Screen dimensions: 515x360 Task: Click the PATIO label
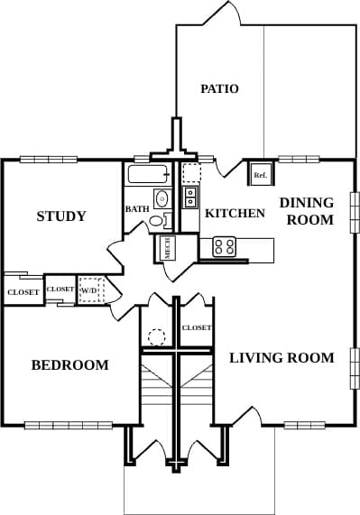pyautogui.click(x=219, y=88)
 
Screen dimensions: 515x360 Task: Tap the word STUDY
pyautogui.click(x=61, y=216)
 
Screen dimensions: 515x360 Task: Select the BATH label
pyautogui.click(x=137, y=209)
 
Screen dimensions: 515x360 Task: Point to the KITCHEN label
pyautogui.click(x=235, y=214)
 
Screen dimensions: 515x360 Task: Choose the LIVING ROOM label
pyautogui.click(x=282, y=358)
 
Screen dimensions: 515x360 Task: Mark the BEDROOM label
pyautogui.click(x=69, y=365)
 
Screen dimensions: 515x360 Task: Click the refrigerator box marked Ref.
pyautogui.click(x=260, y=174)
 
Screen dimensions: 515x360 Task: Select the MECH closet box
pyautogui.click(x=168, y=248)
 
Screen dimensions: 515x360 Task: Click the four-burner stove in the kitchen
pyautogui.click(x=224, y=245)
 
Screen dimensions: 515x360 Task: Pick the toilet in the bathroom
pyautogui.click(x=157, y=220)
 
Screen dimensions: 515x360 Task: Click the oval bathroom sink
pyautogui.click(x=162, y=198)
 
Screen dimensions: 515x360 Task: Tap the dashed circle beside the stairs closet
pyautogui.click(x=156, y=337)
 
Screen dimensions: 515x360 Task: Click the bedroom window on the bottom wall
pyautogui.click(x=69, y=425)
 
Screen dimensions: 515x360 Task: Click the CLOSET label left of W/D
pyautogui.click(x=60, y=289)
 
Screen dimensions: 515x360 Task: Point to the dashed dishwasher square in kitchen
pyautogui.click(x=191, y=173)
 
